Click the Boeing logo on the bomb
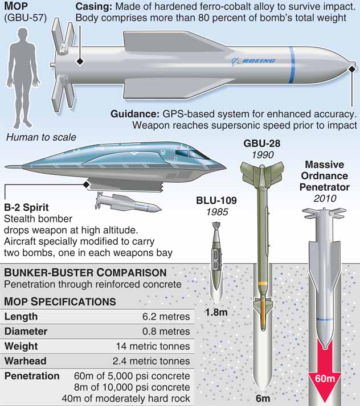tap(253, 61)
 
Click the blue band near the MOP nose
tap(292, 65)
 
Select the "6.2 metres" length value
tap(166, 317)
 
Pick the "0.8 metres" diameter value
tap(166, 331)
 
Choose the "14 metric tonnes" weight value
tap(153, 346)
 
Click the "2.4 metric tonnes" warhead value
tap(152, 361)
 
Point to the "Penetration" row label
tap(32, 376)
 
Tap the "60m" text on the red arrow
tap(325, 379)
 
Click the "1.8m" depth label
tap(216, 312)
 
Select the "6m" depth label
tap(263, 398)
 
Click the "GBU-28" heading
tap(262, 143)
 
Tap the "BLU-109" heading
tap(216, 200)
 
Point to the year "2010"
tap(325, 198)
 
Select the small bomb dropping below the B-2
tap(128, 203)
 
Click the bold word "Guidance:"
tap(135, 114)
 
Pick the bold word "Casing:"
tap(94, 6)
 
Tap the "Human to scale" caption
tap(41, 137)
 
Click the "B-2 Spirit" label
tap(26, 207)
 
